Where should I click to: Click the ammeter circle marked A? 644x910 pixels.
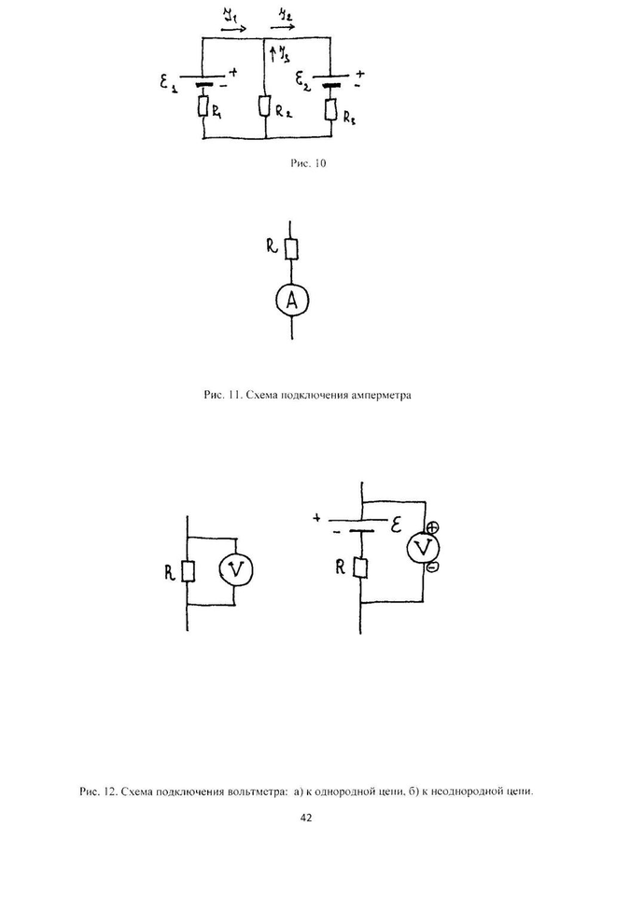pos(292,300)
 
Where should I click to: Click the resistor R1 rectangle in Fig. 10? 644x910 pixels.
pos(202,108)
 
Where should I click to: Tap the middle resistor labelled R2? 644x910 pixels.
pos(265,108)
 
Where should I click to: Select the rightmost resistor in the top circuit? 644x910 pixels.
pos(332,111)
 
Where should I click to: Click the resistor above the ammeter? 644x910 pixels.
pos(291,248)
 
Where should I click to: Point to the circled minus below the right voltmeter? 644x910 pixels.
pos(431,567)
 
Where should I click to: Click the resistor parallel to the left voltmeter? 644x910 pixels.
pos(189,570)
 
